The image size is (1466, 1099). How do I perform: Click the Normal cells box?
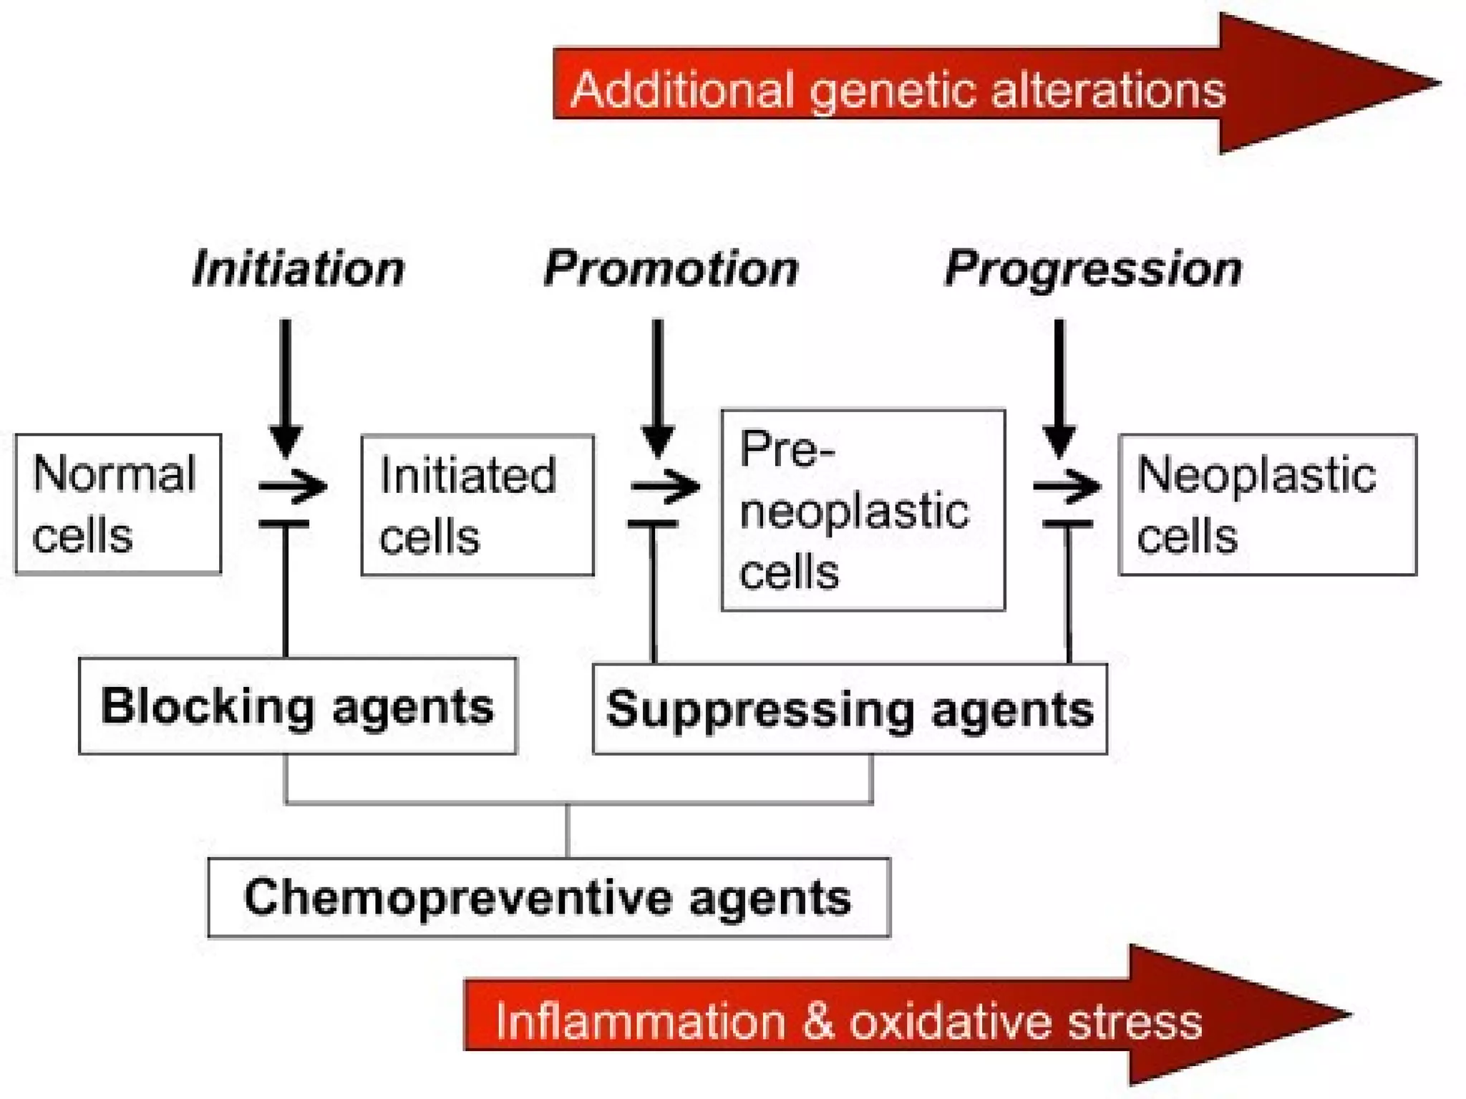pyautogui.click(x=118, y=504)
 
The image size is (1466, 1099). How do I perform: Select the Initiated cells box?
pyautogui.click(x=477, y=504)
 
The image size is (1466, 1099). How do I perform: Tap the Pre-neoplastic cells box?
pyautogui.click(x=863, y=509)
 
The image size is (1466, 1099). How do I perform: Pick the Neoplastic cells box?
pyautogui.click(x=1267, y=504)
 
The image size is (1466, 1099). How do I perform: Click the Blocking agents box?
pyautogui.click(x=297, y=706)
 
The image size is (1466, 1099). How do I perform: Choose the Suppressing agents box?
pyautogui.click(x=850, y=709)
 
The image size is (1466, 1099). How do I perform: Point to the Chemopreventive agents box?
pyautogui.click(x=548, y=897)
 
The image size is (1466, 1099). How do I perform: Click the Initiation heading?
pyautogui.click(x=298, y=269)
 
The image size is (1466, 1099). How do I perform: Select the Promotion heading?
pyautogui.click(x=671, y=269)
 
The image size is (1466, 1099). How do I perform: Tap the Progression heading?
pyautogui.click(x=1093, y=269)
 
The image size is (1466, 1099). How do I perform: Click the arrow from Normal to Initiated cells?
pyautogui.click(x=293, y=487)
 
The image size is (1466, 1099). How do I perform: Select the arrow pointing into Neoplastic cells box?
pyautogui.click(x=1067, y=487)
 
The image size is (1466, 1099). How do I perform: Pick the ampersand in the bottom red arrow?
pyautogui.click(x=817, y=1021)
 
